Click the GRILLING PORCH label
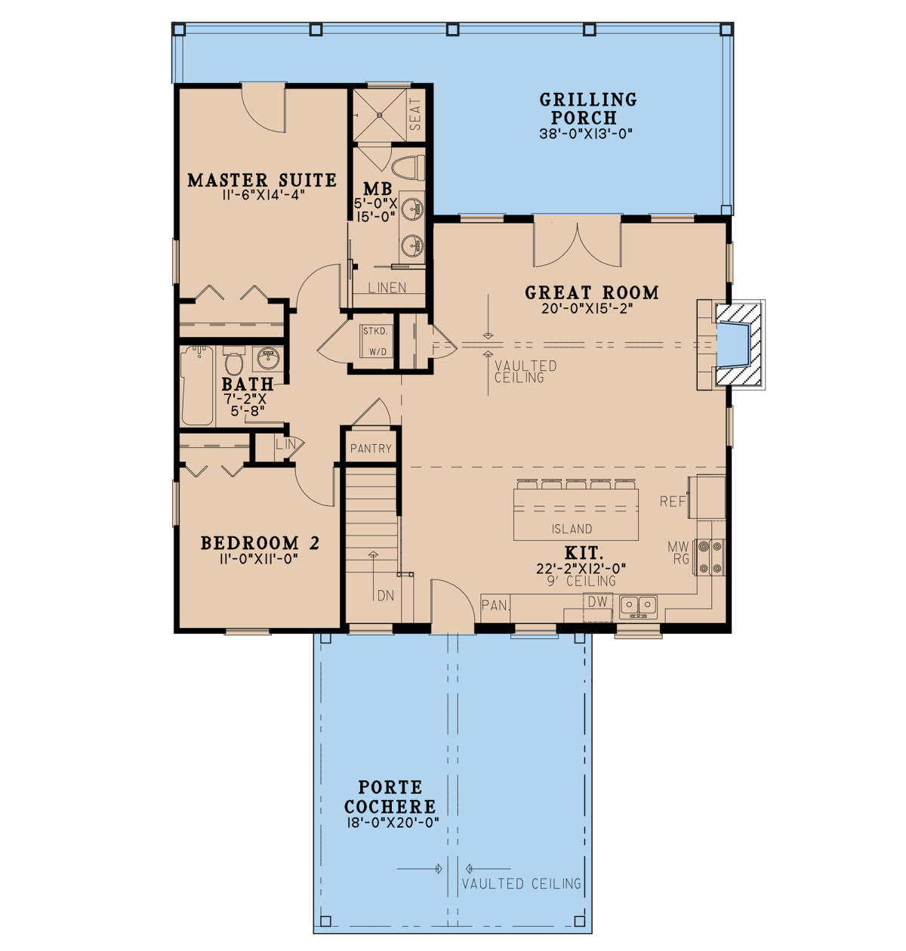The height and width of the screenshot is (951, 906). [588, 108]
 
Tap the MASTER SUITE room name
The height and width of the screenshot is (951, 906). [262, 180]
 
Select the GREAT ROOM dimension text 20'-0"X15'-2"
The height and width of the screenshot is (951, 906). [587, 308]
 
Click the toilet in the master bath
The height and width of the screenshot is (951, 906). [408, 168]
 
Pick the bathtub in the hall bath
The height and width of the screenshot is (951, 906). [198, 385]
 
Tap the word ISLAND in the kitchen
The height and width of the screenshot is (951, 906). [572, 529]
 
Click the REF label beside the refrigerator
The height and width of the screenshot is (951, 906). [673, 502]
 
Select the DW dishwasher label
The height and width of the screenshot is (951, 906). [597, 602]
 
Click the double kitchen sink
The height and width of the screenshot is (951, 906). [639, 607]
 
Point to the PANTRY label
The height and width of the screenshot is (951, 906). [371, 449]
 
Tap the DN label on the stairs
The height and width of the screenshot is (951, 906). [386, 596]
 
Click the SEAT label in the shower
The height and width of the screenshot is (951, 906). [415, 114]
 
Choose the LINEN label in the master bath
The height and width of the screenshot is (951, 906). [387, 288]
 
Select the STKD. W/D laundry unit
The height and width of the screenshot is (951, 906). [375, 341]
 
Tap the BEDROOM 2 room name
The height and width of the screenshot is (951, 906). [260, 543]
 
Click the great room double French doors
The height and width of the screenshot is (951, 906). [578, 244]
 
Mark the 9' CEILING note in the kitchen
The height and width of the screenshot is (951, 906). [581, 581]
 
